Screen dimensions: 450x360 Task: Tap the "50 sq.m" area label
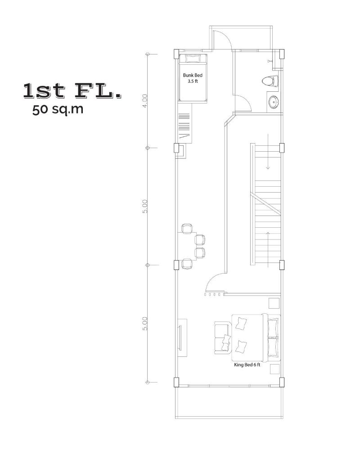(x=58, y=109)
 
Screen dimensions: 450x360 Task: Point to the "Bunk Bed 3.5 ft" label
(x=192, y=78)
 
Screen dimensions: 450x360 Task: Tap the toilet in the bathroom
(x=270, y=81)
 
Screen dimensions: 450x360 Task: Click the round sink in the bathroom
(x=273, y=102)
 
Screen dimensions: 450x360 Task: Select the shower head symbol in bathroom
(x=270, y=60)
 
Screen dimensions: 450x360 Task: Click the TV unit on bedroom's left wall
(x=181, y=337)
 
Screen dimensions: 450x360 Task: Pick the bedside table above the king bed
(x=274, y=303)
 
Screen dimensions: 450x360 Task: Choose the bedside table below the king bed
(x=274, y=369)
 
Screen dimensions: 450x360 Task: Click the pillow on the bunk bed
(x=192, y=58)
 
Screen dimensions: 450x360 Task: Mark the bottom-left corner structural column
(x=176, y=382)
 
